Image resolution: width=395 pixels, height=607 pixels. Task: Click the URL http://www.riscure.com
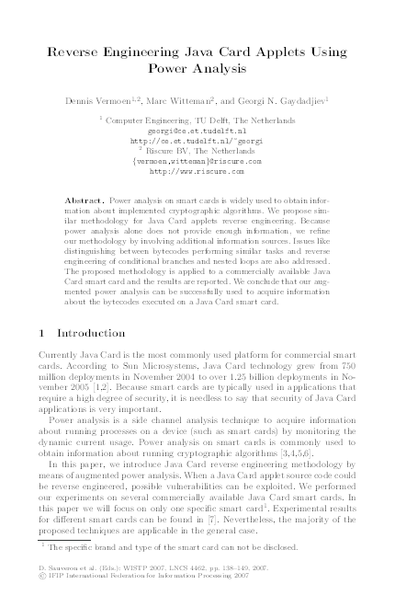pyautogui.click(x=197, y=170)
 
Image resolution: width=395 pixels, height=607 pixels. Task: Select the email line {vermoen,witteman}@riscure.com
pyautogui.click(x=197, y=160)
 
